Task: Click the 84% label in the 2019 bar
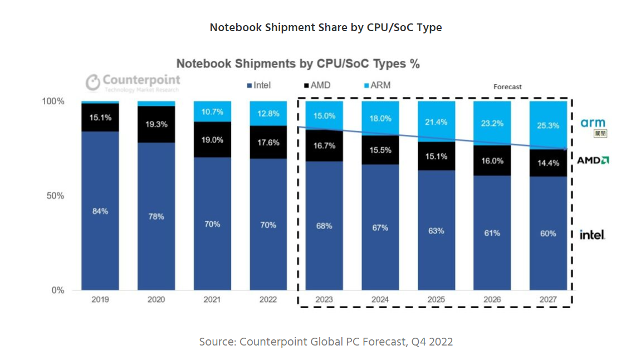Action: point(100,211)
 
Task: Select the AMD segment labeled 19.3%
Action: point(156,124)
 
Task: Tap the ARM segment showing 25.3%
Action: point(548,125)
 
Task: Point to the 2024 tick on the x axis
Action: point(380,299)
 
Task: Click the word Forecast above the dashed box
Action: point(507,87)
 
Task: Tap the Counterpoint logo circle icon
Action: point(92,82)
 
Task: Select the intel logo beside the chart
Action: point(592,235)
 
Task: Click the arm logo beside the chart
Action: point(593,123)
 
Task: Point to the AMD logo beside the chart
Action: point(593,160)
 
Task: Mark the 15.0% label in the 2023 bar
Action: point(324,116)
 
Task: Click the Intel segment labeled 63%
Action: point(437,231)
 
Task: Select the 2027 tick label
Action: point(548,299)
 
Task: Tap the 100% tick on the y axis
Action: point(53,101)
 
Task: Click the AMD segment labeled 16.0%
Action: point(492,160)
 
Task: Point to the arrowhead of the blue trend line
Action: point(568,149)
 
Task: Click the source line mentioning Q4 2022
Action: point(326,342)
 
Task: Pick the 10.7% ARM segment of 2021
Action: point(213,111)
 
